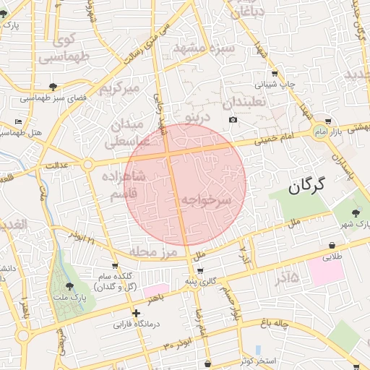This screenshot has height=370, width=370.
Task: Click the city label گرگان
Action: pyautogui.click(x=306, y=186)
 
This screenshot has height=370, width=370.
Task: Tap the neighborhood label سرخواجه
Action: pyautogui.click(x=206, y=199)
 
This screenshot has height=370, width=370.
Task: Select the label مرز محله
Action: pyautogui.click(x=154, y=251)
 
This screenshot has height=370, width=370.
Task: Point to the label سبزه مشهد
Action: pyautogui.click(x=204, y=49)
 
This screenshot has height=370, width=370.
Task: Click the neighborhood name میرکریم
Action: pyautogui.click(x=118, y=88)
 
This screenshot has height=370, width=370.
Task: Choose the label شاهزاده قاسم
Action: pyautogui.click(x=128, y=185)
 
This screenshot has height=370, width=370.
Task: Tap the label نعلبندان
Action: pyautogui.click(x=245, y=102)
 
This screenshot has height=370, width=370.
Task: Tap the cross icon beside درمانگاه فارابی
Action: pyautogui.click(x=136, y=313)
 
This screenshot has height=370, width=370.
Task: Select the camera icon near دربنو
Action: pyautogui.click(x=233, y=119)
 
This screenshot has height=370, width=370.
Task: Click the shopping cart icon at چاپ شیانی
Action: pyautogui.click(x=274, y=73)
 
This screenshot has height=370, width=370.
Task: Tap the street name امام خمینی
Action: pyautogui.click(x=274, y=142)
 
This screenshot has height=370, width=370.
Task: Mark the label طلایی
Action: pyautogui.click(x=330, y=257)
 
